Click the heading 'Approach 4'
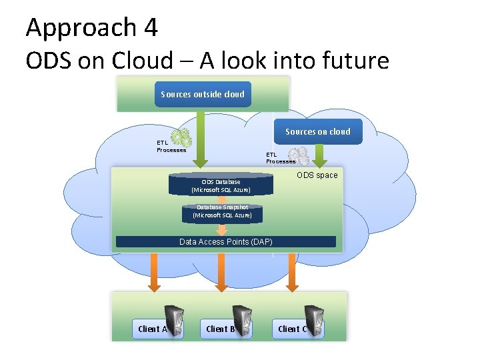tap(92, 28)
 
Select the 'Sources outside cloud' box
tap(203, 94)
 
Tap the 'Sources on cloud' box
tap(317, 131)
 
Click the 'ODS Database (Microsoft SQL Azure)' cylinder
tap(221, 185)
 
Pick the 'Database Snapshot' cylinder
tap(222, 212)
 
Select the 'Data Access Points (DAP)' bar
tap(226, 241)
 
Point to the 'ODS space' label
tap(317, 175)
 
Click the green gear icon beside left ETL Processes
tap(181, 138)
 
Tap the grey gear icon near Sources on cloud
tap(302, 155)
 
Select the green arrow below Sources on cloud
tap(319, 155)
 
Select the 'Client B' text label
tap(220, 329)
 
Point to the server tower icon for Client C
tap(313, 321)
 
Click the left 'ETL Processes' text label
tap(171, 146)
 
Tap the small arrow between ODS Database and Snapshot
tap(222, 199)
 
